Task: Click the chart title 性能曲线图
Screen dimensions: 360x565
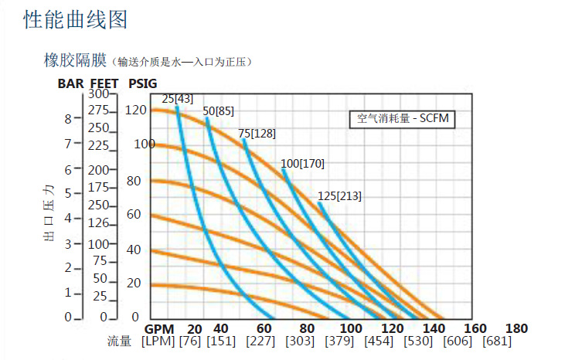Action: [75, 20]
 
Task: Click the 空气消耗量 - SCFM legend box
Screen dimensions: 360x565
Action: [402, 119]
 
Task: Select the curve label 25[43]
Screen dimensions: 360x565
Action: [177, 99]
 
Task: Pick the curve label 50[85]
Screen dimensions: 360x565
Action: [218, 111]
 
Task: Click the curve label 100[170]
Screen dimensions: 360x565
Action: [302, 164]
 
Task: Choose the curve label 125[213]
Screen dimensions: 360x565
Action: [339, 196]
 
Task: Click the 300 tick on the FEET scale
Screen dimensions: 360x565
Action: [98, 93]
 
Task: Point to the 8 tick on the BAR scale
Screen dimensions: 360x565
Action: [68, 119]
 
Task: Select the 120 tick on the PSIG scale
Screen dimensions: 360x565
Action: [135, 110]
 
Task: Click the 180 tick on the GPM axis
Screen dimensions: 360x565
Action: [516, 328]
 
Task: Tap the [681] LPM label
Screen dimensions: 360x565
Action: [498, 341]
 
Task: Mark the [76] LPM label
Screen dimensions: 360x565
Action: [190, 341]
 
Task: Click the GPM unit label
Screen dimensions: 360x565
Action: [158, 328]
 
